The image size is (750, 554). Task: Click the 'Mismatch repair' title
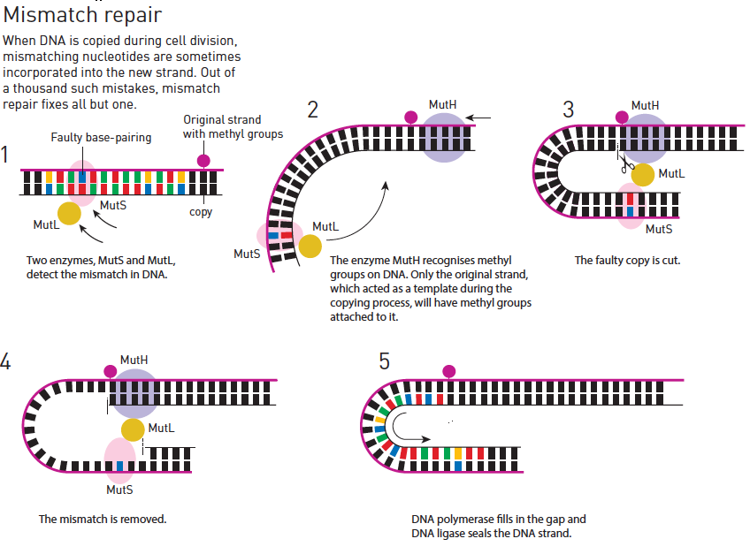coord(82,14)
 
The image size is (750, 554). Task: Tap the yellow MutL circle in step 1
coord(69,213)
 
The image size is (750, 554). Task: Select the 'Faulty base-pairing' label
coord(101,138)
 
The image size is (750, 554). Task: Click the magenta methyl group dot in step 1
coord(203,161)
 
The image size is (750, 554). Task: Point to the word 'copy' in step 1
coord(201,212)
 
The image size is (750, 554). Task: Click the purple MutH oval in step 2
coord(444,138)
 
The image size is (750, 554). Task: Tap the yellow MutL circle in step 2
coord(310,247)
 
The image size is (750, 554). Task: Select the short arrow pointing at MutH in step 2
coord(478,118)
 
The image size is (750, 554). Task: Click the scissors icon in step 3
coord(626,165)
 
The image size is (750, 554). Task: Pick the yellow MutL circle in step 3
coord(642,174)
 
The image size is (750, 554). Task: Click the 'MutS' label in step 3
coord(659,230)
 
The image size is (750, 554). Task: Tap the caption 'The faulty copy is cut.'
coord(627,261)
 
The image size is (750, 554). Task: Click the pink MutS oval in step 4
coord(120,461)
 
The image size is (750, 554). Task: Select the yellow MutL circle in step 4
coord(133,429)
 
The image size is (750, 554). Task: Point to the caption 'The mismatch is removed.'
coord(103,520)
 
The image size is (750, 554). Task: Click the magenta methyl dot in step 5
coord(448,371)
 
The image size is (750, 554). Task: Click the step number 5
coord(384,360)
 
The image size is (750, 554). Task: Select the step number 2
coord(312,110)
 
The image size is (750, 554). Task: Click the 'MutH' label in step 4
coord(134,360)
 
